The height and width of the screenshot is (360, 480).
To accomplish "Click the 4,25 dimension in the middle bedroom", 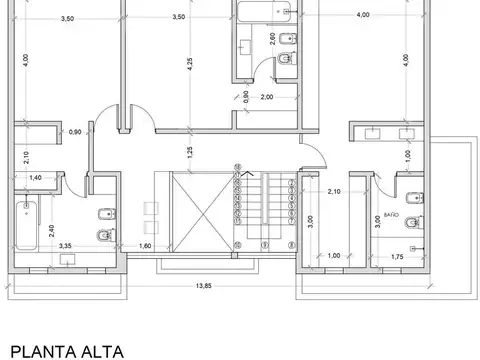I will coord(189,73).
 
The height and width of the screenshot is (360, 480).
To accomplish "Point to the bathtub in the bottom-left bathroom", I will coord(26,225).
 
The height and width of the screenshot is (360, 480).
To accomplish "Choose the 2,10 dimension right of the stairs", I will coord(334,191).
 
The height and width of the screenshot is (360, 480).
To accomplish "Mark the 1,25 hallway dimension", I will coord(189,152).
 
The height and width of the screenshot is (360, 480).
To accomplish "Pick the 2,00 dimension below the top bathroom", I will coord(267,98).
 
